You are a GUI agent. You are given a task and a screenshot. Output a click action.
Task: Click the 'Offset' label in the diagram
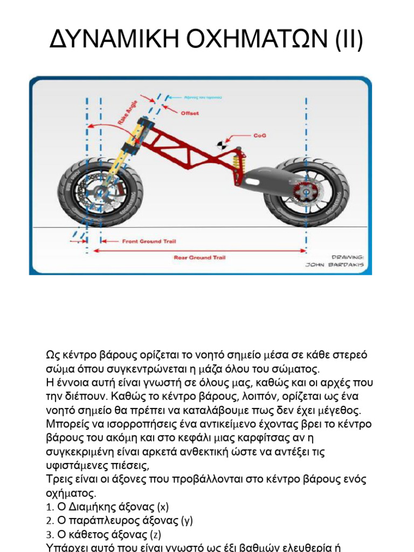pyautogui.click(x=189, y=113)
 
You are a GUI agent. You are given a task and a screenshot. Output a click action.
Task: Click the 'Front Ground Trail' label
pyautogui.click(x=149, y=241)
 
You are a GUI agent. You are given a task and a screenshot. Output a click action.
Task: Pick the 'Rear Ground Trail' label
pyautogui.click(x=199, y=258)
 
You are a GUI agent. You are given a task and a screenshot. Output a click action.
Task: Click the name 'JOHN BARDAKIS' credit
pyautogui.click(x=335, y=265)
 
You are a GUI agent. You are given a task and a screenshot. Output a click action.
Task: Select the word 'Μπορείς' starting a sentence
pyautogui.click(x=67, y=424)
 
